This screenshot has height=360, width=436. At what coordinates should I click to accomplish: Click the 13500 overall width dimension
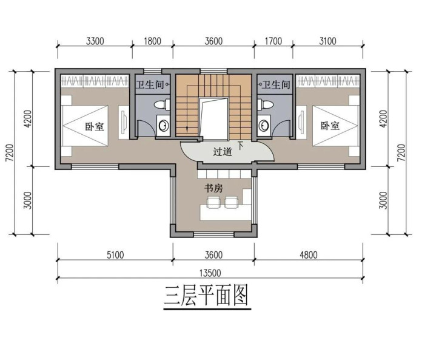tap(210, 273)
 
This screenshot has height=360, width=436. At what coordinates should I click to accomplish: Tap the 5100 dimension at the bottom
tap(115, 255)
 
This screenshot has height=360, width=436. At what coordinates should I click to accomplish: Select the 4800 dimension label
tap(309, 255)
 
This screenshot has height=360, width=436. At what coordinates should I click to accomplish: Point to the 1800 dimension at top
tap(152, 41)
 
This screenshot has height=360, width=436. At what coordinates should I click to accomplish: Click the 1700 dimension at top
tap(273, 41)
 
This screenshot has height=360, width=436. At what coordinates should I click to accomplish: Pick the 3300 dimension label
tap(95, 41)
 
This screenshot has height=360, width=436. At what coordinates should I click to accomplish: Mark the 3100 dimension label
tap(327, 41)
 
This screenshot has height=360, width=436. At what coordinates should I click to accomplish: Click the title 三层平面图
tap(206, 296)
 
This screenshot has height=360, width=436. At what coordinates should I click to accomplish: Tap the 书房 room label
tap(213, 188)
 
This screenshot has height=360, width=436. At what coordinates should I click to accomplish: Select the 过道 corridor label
tap(223, 152)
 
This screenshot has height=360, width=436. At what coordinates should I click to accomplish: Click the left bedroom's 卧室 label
tap(95, 126)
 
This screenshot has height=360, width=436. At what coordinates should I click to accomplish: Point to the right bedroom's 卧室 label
tap(330, 126)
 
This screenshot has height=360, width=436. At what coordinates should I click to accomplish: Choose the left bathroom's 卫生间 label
tap(150, 84)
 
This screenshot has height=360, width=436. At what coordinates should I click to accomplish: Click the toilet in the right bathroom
tap(265, 104)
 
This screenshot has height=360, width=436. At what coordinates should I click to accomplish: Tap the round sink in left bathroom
tap(164, 126)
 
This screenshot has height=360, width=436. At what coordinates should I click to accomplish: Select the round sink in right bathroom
tap(263, 126)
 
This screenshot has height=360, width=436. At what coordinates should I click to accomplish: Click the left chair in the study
tap(214, 202)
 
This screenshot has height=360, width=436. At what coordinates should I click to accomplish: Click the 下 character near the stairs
tap(240, 146)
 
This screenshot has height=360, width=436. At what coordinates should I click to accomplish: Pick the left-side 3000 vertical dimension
tap(28, 200)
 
